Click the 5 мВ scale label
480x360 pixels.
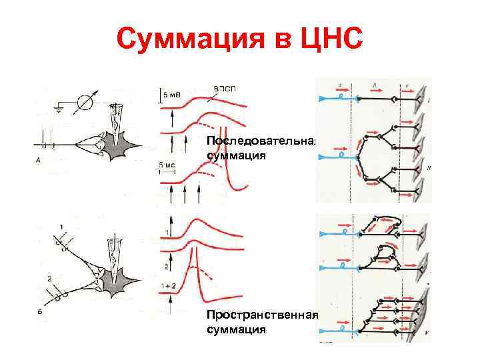(171, 95)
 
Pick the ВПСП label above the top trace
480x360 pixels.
(225, 87)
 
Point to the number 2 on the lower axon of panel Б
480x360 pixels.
(48, 277)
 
